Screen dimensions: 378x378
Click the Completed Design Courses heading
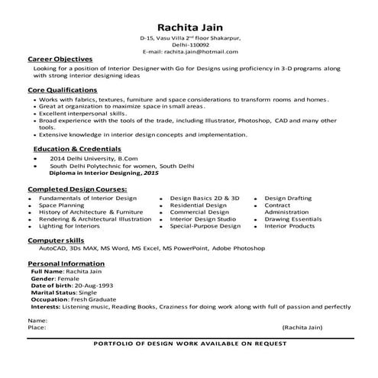click(77, 188)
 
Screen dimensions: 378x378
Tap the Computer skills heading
click(55, 240)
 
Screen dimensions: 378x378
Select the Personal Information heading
click(66, 263)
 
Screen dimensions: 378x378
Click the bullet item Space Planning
click(62, 205)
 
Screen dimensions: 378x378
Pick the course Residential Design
click(199, 205)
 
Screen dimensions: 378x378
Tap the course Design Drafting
click(289, 198)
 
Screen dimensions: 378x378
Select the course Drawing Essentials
click(294, 219)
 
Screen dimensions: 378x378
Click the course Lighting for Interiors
click(69, 226)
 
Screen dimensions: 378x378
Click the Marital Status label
click(54, 292)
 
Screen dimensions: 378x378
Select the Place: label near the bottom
click(37, 327)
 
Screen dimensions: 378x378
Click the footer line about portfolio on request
click(189, 345)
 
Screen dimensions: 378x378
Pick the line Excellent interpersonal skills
click(81, 113)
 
